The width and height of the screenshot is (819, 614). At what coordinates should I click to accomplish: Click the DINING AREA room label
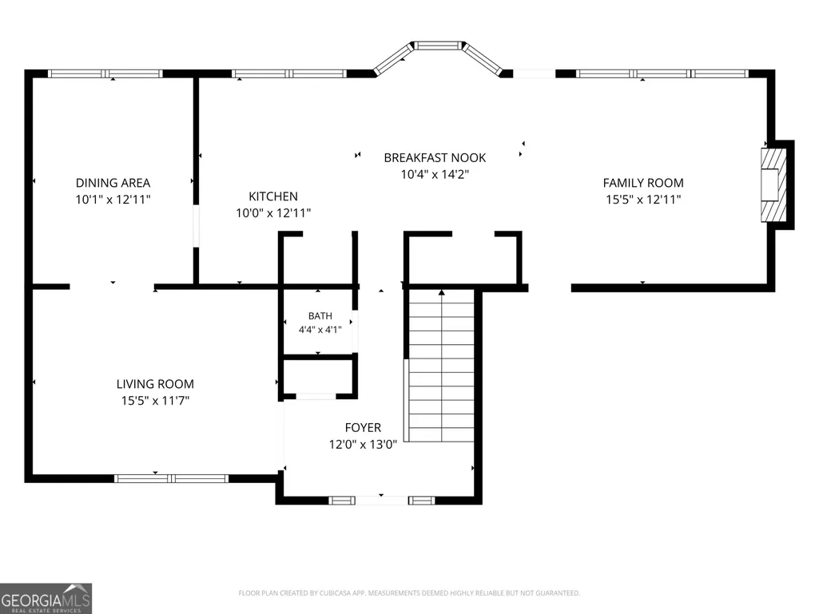coord(113,183)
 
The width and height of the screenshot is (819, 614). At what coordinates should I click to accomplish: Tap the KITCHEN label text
coord(273,196)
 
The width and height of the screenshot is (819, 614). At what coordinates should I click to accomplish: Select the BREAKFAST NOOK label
coord(435,157)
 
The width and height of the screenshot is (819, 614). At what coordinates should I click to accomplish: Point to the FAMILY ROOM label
coord(643,183)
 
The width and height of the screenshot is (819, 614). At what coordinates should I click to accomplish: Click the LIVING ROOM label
coord(155,384)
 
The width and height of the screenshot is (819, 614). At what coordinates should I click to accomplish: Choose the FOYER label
coord(363,428)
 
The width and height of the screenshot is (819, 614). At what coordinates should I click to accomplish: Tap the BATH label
coord(320,316)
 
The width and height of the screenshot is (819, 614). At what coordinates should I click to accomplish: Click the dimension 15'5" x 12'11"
coord(643,200)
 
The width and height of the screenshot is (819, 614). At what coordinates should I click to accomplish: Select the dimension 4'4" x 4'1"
coord(320,330)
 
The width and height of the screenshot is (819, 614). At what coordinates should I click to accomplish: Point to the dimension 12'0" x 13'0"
coord(363,444)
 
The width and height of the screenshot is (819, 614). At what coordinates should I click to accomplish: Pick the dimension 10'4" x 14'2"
coord(435,174)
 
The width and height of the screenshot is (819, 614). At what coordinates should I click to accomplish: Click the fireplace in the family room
coord(774,185)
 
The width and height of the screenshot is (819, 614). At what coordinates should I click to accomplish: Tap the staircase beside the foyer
coord(441,366)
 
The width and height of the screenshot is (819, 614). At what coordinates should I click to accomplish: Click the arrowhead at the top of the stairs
coord(442,292)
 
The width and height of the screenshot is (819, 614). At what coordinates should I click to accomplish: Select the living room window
coord(171,478)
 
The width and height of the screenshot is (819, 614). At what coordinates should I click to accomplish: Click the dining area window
coord(105,73)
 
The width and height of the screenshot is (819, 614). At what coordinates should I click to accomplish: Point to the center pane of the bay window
coord(438,46)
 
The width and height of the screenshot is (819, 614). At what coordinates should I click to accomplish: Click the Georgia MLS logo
coord(46,598)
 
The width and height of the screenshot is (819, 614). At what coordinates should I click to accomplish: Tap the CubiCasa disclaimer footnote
coord(409,593)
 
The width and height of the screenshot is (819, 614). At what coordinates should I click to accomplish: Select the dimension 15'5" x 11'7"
coord(155,401)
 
